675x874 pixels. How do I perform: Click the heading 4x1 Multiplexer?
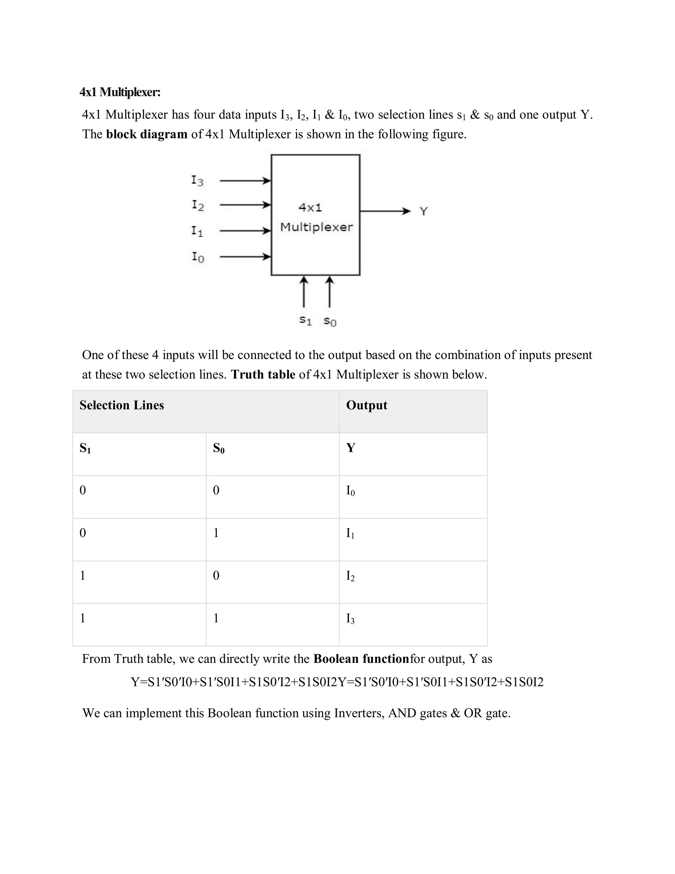click(120, 92)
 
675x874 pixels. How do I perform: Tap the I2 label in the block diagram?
click(197, 206)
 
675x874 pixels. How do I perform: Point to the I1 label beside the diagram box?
click(197, 231)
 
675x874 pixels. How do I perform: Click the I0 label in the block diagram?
click(197, 257)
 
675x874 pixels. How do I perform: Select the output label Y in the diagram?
click(424, 211)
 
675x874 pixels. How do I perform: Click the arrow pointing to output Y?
click(385, 211)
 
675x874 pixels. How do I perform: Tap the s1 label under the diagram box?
click(306, 320)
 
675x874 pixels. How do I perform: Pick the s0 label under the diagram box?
click(330, 321)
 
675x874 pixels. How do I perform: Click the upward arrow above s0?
click(329, 292)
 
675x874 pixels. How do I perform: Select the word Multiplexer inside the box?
click(316, 227)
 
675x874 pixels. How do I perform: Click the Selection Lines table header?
click(122, 405)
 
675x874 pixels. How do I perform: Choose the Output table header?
click(366, 405)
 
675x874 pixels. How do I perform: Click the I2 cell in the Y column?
click(350, 576)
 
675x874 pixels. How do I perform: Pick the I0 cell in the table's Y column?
click(350, 491)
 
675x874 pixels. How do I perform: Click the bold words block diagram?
click(146, 135)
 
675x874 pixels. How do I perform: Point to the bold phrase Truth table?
click(263, 375)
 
